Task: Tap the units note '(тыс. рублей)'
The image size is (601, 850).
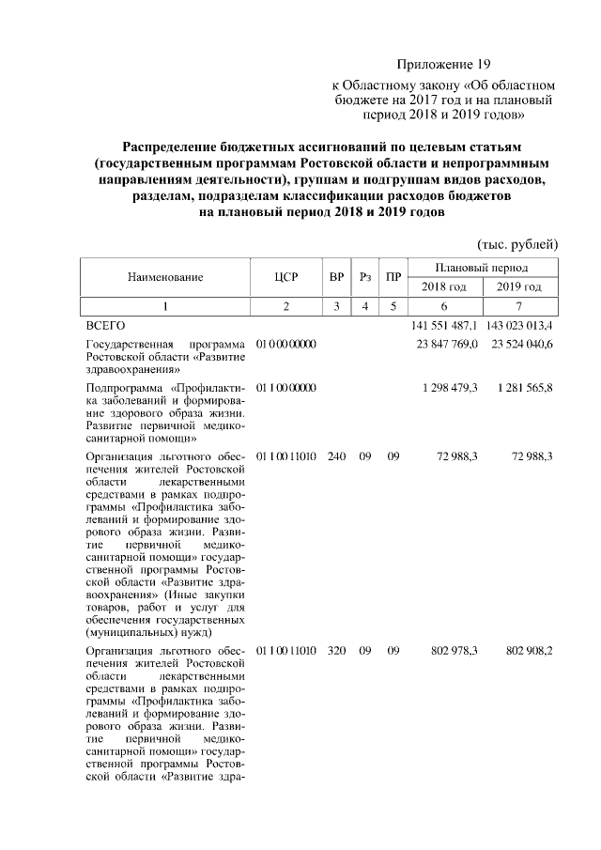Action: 518,244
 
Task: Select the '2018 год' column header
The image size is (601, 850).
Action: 444,286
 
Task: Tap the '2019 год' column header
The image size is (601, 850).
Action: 519,286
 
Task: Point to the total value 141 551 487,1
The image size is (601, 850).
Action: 444,325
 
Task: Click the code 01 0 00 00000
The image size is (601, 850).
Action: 286,345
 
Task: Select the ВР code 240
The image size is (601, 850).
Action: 336,456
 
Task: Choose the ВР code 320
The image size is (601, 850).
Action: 336,650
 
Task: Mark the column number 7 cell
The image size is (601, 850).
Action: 519,306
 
